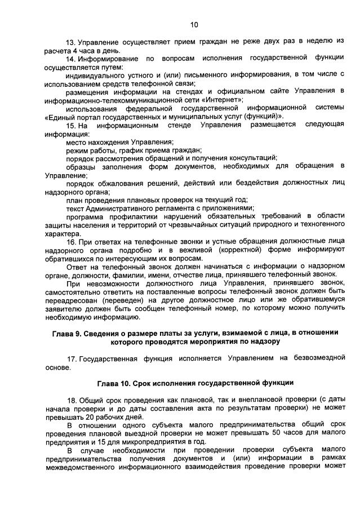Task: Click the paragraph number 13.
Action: [70, 42]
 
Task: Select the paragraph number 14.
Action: [70, 59]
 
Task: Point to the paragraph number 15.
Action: [70, 125]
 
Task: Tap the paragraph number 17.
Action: [70, 358]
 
